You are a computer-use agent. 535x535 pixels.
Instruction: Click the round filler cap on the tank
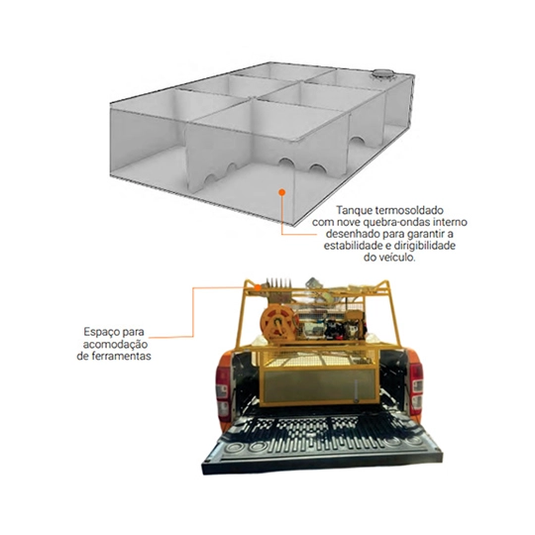click(382, 73)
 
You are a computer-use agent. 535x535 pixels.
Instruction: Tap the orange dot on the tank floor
click(281, 192)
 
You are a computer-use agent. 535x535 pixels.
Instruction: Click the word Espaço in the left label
click(101, 332)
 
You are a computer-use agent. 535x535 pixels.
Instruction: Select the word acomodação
click(115, 344)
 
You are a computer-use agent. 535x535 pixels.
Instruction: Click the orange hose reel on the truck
click(277, 324)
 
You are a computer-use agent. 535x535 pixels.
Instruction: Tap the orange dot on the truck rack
click(258, 287)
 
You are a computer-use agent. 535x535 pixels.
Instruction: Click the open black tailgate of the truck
click(321, 444)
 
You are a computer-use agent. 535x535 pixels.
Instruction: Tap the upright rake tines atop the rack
click(278, 282)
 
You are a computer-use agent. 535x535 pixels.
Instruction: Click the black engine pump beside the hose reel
click(333, 328)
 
